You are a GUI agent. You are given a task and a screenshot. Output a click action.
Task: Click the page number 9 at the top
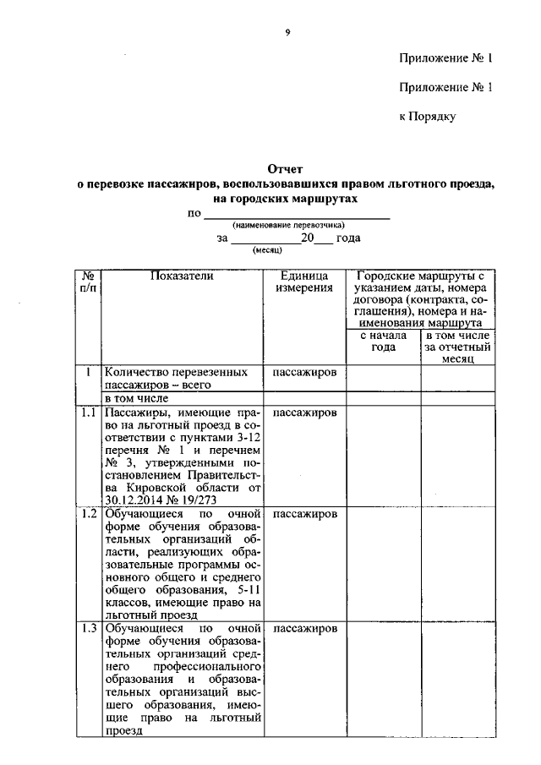(x=287, y=32)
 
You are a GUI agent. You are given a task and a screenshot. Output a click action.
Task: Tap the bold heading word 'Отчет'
(x=285, y=169)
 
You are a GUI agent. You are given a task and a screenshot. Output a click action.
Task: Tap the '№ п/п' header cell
(x=88, y=282)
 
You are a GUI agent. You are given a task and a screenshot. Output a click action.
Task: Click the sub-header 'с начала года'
(x=383, y=342)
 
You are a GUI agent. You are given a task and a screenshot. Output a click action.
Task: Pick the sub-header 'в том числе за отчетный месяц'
(x=459, y=347)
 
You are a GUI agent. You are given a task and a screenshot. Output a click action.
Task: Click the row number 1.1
(x=88, y=413)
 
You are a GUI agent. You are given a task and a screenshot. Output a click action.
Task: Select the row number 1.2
(x=88, y=514)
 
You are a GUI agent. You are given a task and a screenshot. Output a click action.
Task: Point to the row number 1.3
(x=88, y=629)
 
